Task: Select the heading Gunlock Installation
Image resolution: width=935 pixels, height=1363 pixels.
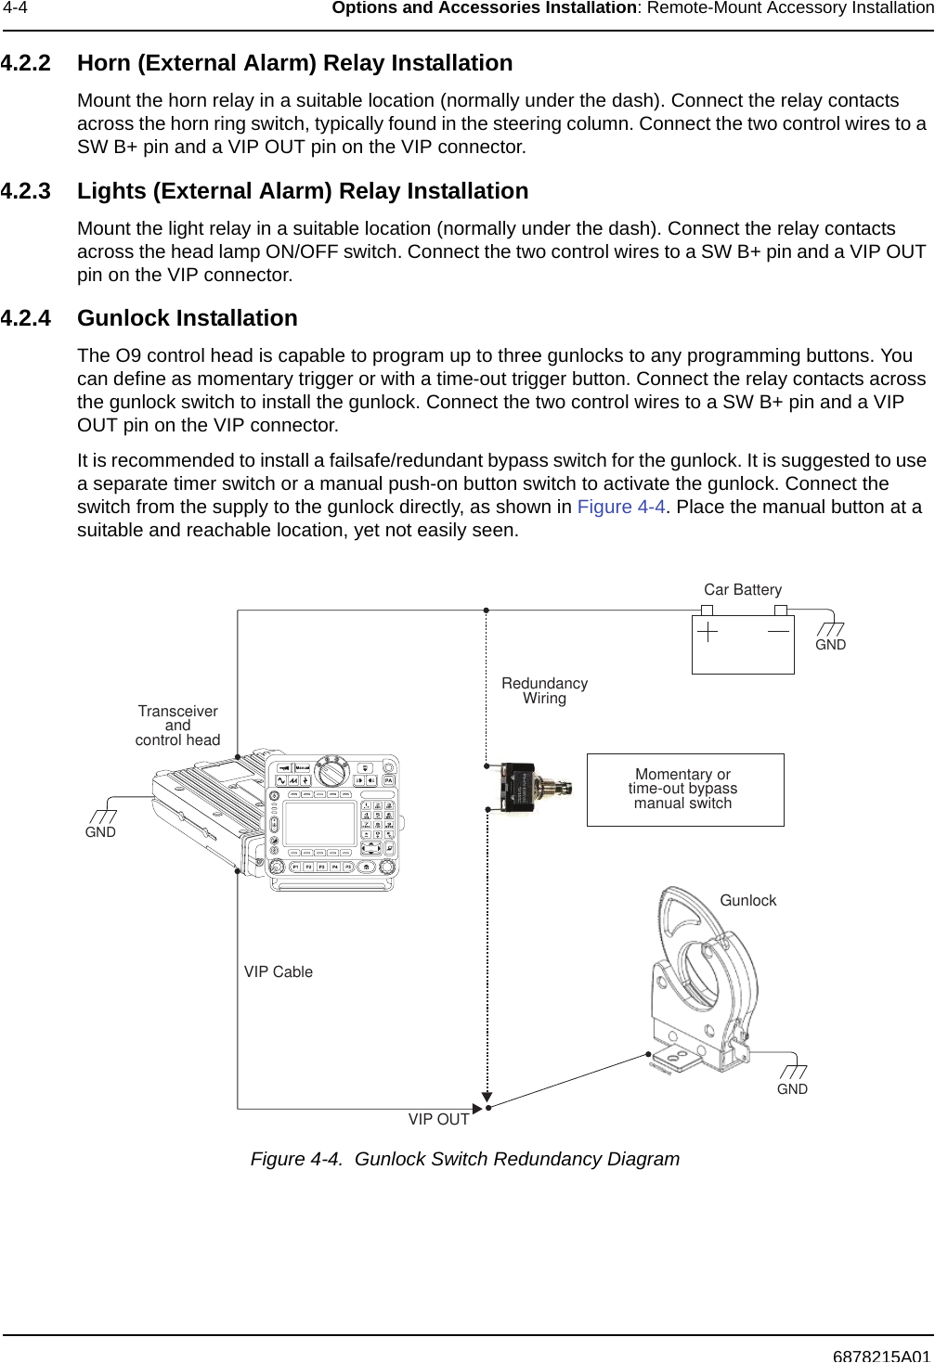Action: (x=187, y=318)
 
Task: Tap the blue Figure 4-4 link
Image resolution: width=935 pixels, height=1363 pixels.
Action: (x=621, y=507)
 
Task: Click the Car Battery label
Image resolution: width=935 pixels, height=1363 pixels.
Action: (x=743, y=590)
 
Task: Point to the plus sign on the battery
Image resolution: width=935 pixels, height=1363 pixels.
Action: (x=708, y=631)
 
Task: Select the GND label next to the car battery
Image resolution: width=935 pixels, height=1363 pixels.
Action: (x=830, y=645)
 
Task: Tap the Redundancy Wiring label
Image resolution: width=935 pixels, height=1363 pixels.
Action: (x=545, y=690)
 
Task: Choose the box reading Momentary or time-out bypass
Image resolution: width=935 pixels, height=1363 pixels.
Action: (x=684, y=790)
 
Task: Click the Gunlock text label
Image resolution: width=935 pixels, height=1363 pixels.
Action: (x=748, y=901)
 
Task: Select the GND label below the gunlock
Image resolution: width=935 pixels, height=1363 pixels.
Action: (x=792, y=1089)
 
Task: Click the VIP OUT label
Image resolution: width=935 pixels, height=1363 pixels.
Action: (x=439, y=1120)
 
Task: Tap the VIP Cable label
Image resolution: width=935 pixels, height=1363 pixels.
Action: (x=279, y=972)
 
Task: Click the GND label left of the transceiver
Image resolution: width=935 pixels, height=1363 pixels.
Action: (x=100, y=833)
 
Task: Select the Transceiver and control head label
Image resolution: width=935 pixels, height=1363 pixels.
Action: (x=178, y=726)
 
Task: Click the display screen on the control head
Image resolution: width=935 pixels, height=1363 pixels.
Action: (x=319, y=824)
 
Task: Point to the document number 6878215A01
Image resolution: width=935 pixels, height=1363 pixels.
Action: (x=880, y=1355)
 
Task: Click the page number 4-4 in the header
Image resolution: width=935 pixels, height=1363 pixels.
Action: (x=15, y=8)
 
